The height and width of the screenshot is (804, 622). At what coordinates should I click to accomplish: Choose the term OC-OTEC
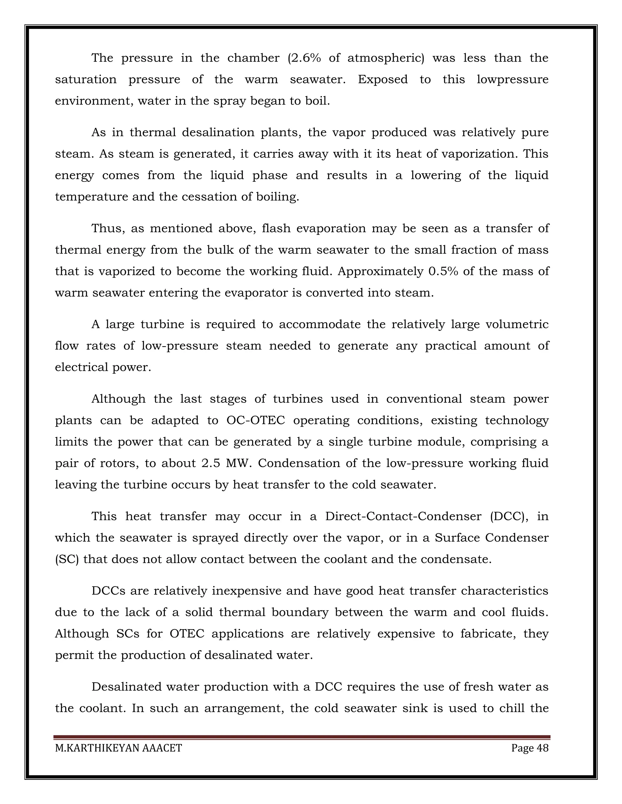tap(256, 421)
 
